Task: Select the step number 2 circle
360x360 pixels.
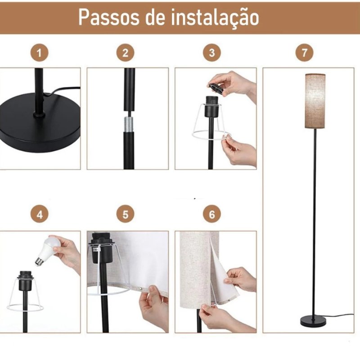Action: coord(125,53)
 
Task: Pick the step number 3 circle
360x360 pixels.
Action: coord(211,53)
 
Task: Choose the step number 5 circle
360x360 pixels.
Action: coord(125,215)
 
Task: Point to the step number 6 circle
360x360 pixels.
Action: coord(211,215)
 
